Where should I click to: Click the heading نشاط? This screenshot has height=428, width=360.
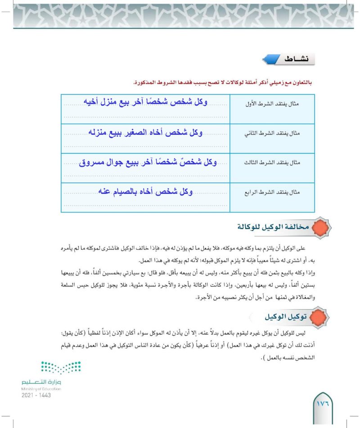pyautogui.click(x=297, y=59)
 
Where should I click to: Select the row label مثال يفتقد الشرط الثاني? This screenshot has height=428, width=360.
pyautogui.click(x=279, y=134)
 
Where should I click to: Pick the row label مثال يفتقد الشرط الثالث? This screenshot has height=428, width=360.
pyautogui.click(x=279, y=164)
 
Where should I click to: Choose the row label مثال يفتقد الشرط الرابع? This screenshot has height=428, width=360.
pyautogui.click(x=279, y=193)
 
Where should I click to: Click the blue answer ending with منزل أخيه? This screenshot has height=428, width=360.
pyautogui.click(x=144, y=103)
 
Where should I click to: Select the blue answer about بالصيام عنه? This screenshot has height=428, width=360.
pyautogui.click(x=144, y=192)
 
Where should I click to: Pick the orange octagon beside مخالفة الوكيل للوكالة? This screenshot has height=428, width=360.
pyautogui.click(x=320, y=227)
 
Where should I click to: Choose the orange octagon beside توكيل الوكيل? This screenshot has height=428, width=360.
pyautogui.click(x=320, y=317)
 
